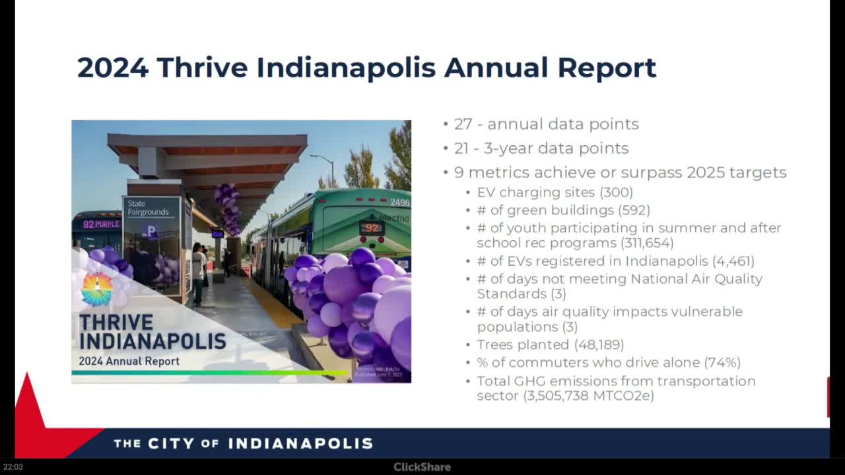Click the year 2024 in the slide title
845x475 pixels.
point(112,67)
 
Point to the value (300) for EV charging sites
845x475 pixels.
point(616,193)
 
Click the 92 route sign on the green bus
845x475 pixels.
point(372,228)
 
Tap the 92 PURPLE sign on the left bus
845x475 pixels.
point(101,224)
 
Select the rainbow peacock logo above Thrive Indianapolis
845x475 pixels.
point(97,289)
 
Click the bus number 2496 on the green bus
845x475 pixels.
point(399,203)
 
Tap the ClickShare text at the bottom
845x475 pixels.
point(422,467)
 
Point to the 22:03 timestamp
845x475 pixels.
point(13,467)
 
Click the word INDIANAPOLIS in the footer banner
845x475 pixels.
point(300,443)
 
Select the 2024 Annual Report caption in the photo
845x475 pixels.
point(129,362)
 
